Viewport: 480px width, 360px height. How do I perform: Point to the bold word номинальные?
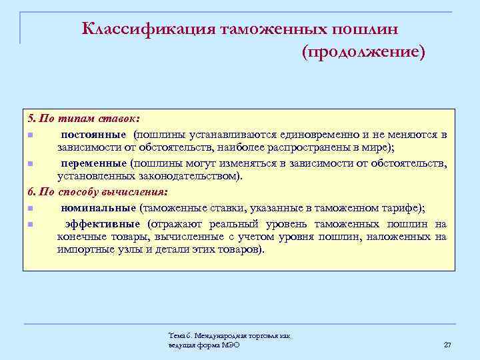(x=99, y=207)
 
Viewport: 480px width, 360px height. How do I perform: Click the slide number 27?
(x=447, y=344)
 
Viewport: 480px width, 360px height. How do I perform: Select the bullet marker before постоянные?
(x=31, y=135)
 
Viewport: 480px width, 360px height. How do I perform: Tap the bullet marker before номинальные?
(x=31, y=208)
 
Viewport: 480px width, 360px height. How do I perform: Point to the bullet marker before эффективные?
(x=31, y=224)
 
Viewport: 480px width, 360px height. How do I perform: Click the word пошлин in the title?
(x=374, y=28)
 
